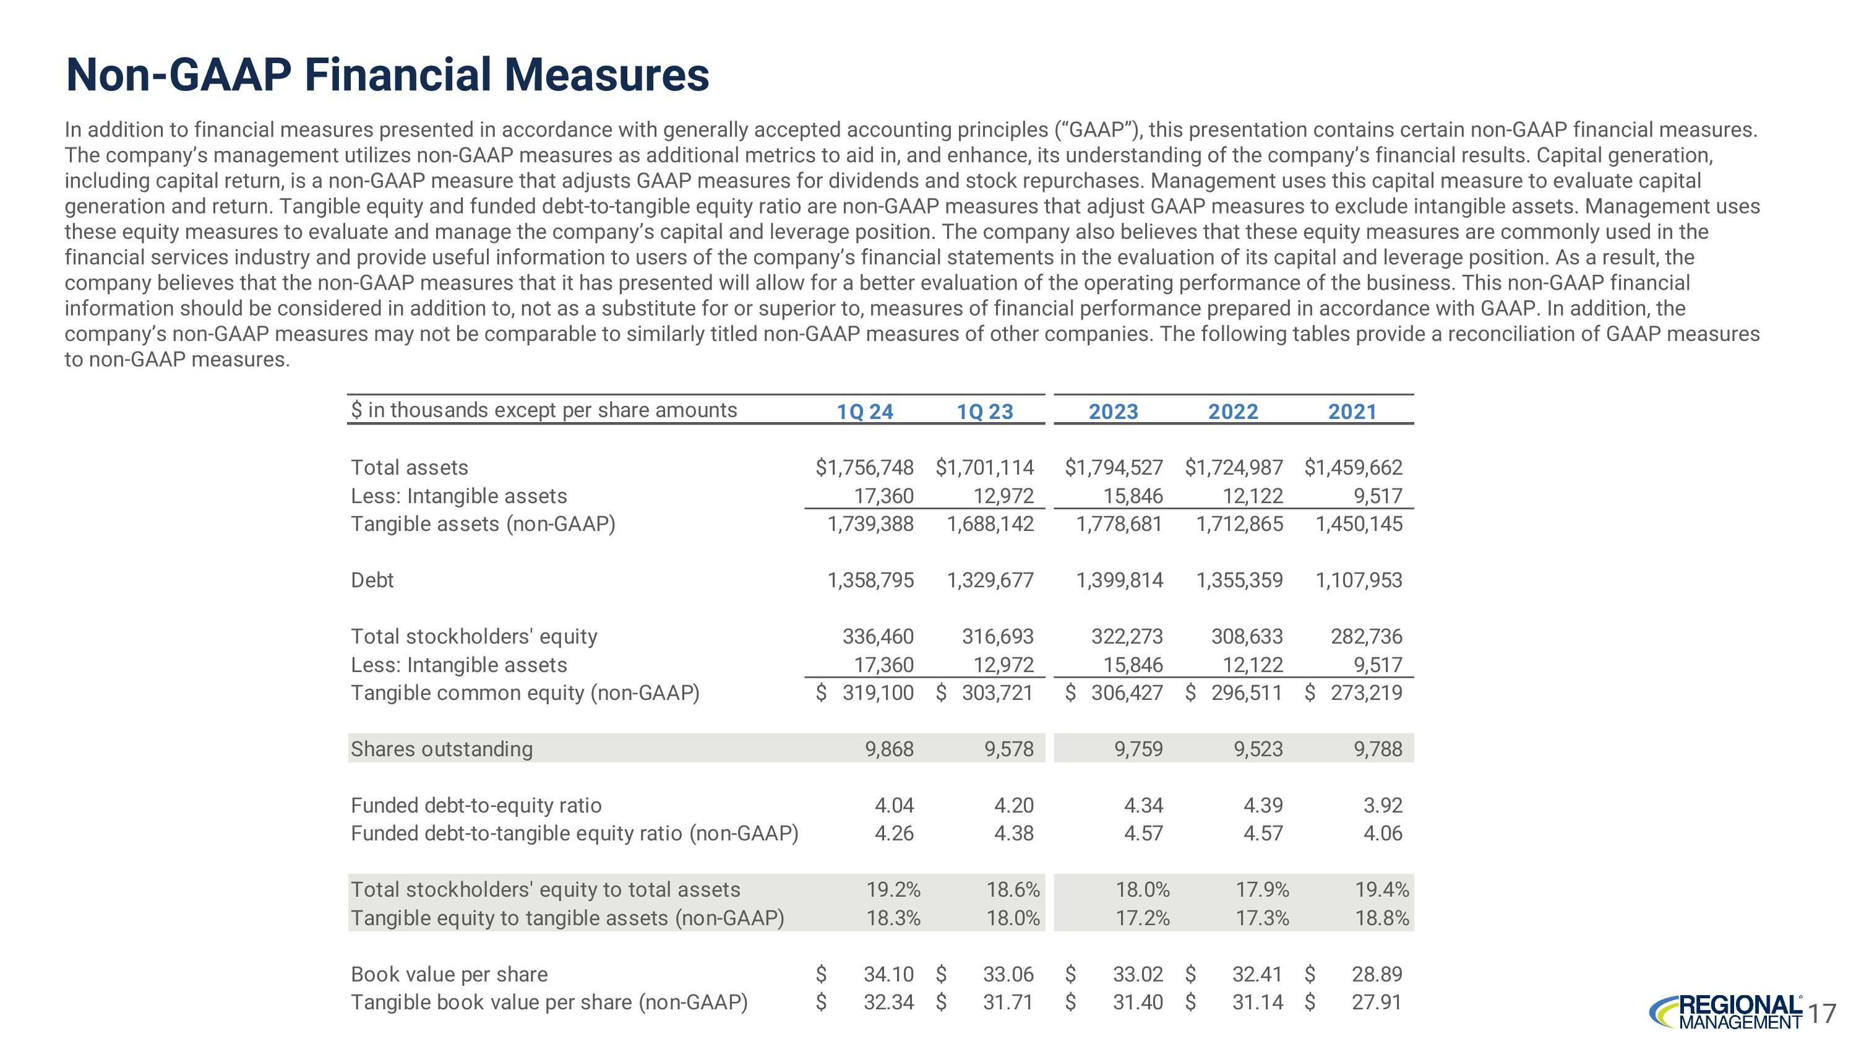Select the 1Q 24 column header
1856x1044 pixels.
865,412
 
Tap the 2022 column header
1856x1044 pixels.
1233,412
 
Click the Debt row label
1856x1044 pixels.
372,580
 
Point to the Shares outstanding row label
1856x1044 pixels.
442,749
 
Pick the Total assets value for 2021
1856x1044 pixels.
1353,468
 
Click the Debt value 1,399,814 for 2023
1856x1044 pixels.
1119,580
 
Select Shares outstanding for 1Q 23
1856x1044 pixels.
1008,749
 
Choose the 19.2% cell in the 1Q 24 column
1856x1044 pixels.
893,890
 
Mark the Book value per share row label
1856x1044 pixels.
449,974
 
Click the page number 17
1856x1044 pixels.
1821,1014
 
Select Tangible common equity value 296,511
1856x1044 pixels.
1247,693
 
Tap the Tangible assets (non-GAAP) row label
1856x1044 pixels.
483,524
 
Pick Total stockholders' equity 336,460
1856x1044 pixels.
877,636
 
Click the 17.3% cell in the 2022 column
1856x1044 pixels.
1262,918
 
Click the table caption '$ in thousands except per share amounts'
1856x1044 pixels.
544,410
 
